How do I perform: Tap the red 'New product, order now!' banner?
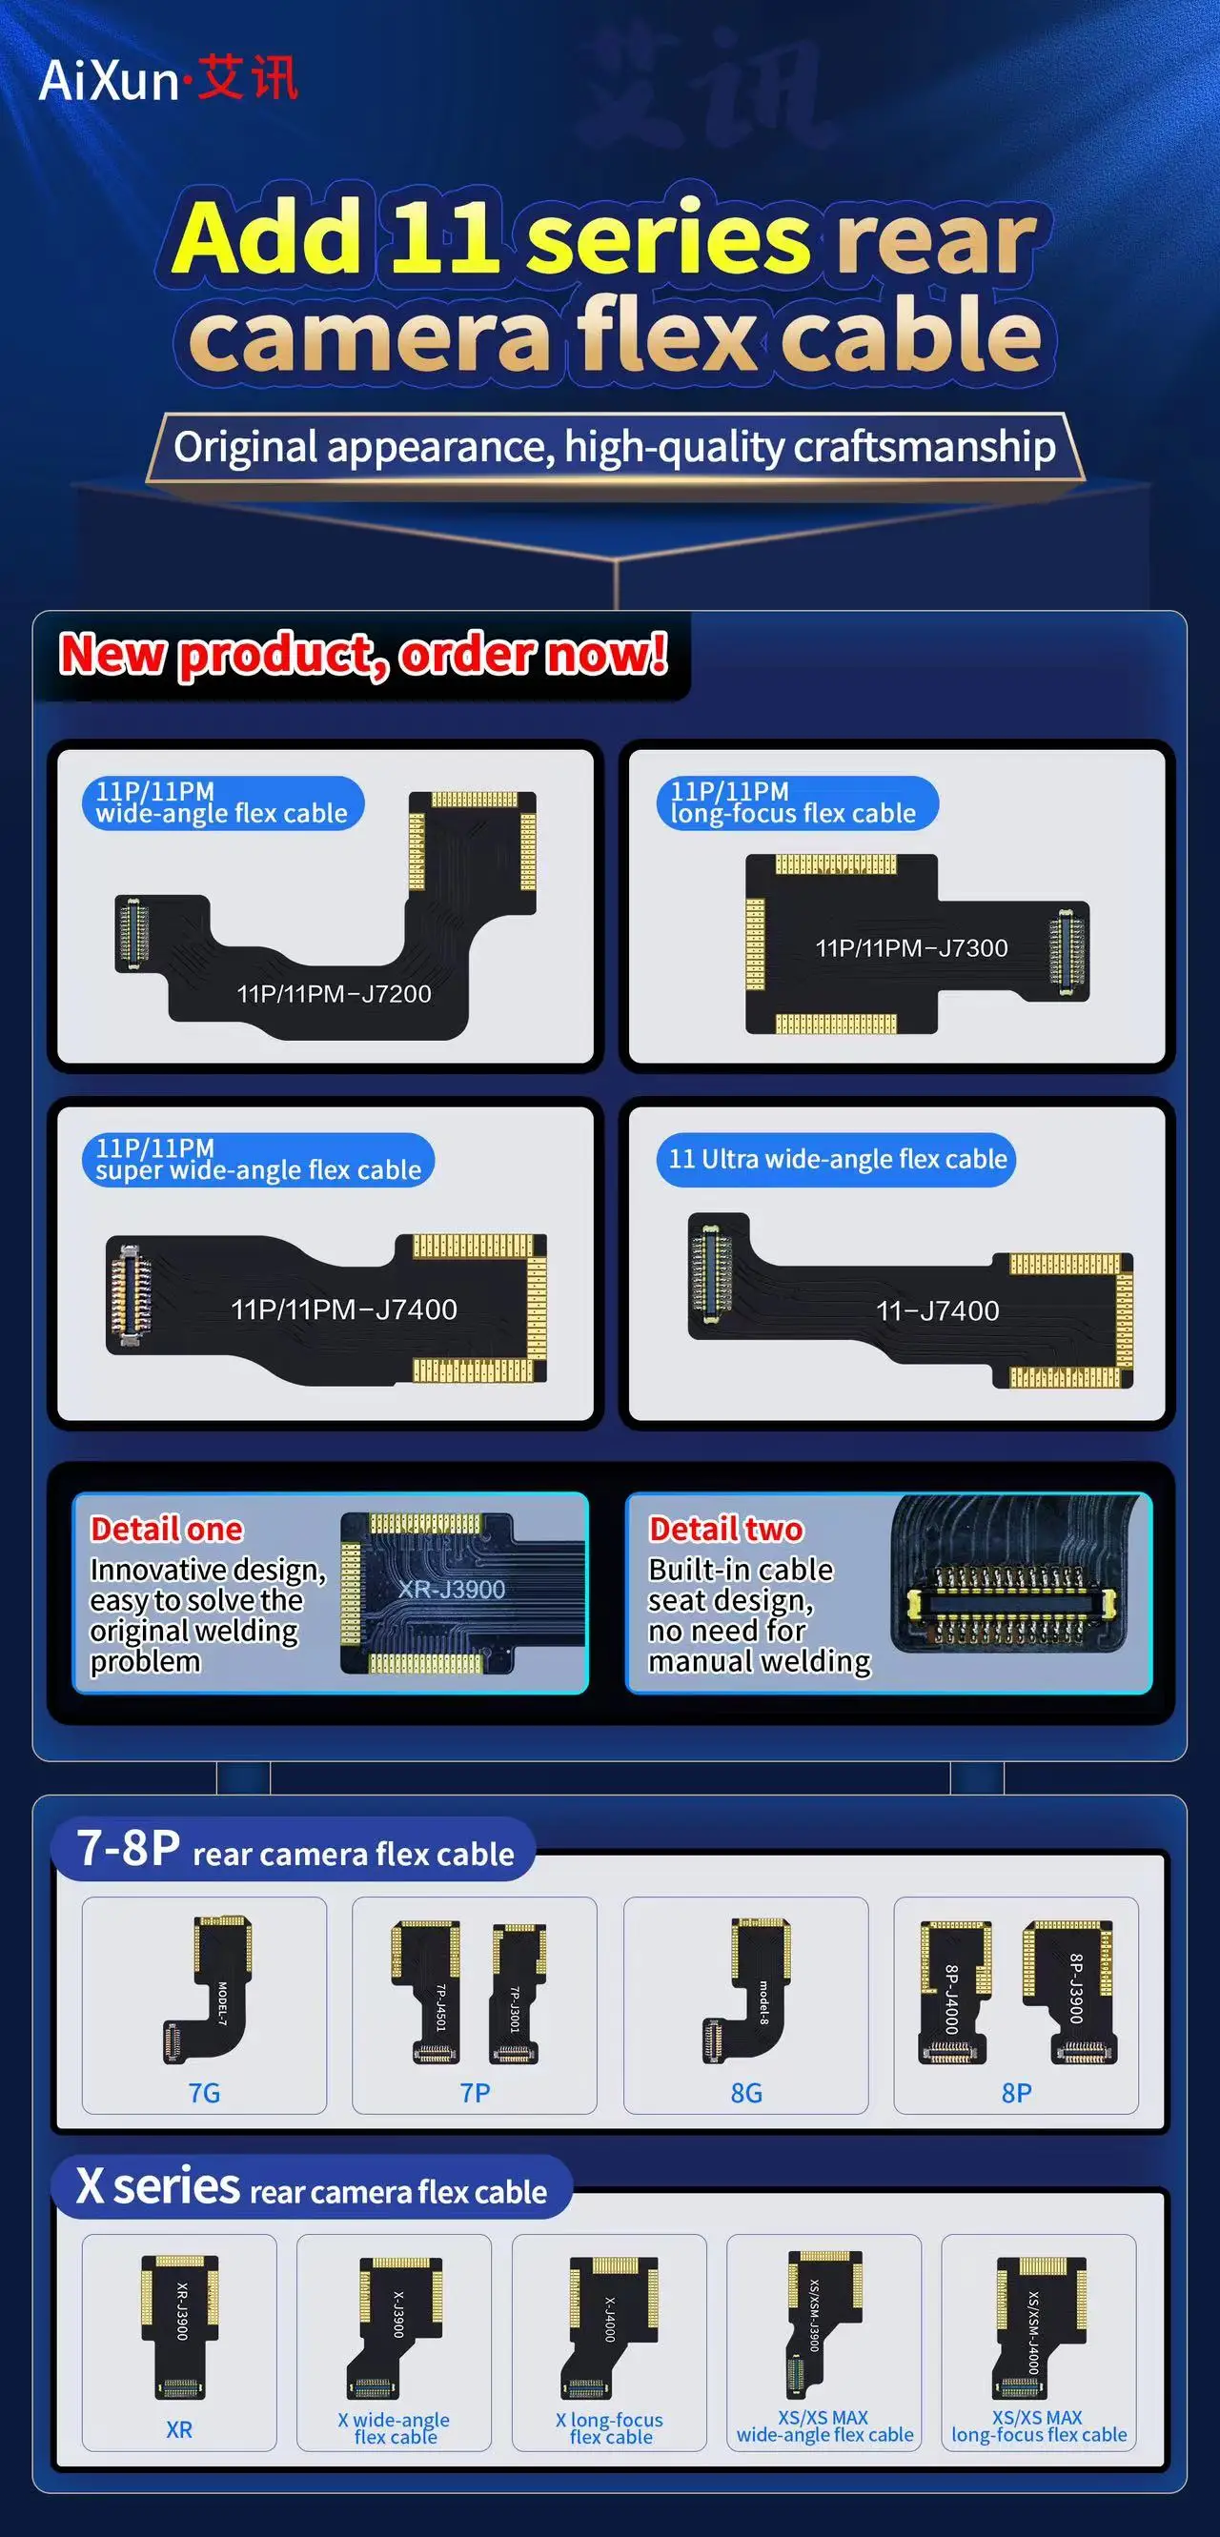[363, 654]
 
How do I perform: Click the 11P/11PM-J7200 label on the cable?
[334, 994]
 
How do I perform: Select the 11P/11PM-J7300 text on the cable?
[911, 948]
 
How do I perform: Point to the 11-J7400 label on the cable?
[938, 1310]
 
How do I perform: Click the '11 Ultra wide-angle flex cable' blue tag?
[837, 1159]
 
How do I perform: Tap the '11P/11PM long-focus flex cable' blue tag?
[796, 802]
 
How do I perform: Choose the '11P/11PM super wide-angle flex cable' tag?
[258, 1159]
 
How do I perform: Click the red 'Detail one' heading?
[167, 1529]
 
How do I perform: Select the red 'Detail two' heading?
[725, 1529]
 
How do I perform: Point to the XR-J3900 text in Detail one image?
[451, 1590]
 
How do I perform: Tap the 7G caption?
[204, 2093]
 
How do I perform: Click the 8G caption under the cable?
[745, 2093]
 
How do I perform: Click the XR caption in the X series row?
[179, 2428]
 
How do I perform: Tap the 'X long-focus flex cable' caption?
[609, 2427]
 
